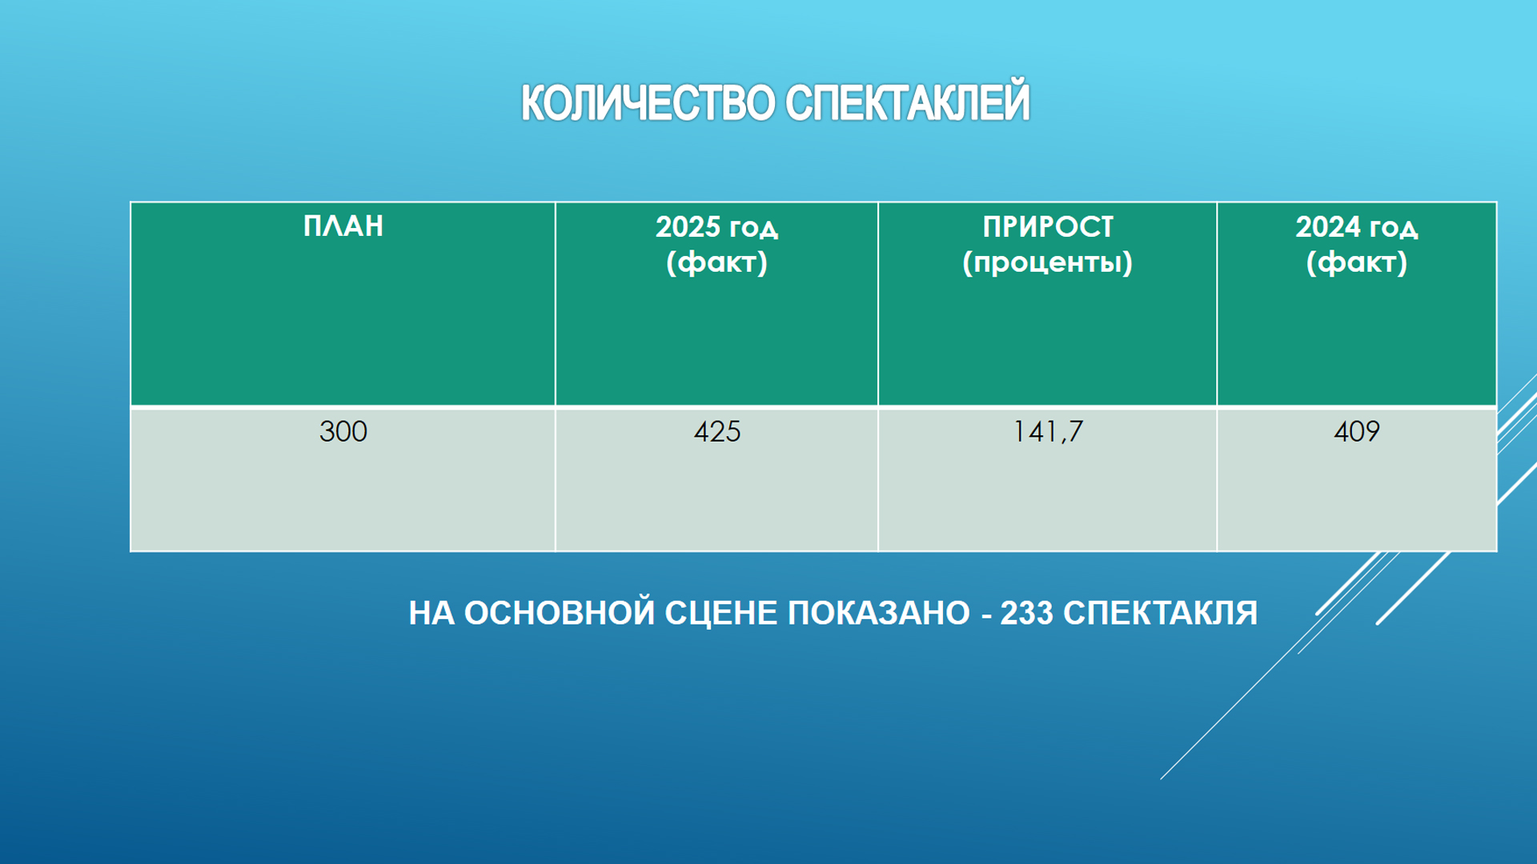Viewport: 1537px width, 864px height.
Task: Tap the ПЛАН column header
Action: click(x=343, y=226)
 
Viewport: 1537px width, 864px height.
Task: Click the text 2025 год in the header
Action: click(x=716, y=227)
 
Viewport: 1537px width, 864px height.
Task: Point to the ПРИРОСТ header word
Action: click(x=1048, y=227)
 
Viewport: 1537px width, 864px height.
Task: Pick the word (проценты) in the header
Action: click(x=1048, y=262)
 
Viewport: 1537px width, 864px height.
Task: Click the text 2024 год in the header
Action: click(x=1357, y=227)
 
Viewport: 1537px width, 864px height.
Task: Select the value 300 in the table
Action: click(x=343, y=432)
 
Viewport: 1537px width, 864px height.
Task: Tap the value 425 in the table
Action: click(x=717, y=432)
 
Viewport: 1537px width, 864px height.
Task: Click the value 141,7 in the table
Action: click(x=1048, y=432)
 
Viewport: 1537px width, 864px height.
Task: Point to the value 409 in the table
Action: click(x=1357, y=432)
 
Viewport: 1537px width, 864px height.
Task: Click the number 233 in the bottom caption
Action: click(x=1027, y=614)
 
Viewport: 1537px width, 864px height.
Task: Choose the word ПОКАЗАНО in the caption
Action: click(x=879, y=614)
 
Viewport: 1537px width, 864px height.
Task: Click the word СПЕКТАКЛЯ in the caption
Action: click(x=1161, y=614)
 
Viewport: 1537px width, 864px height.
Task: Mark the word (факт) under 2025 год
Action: click(x=716, y=262)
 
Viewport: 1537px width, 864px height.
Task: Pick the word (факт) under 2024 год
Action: click(x=1357, y=262)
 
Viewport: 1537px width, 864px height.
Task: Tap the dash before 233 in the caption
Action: click(x=985, y=615)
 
